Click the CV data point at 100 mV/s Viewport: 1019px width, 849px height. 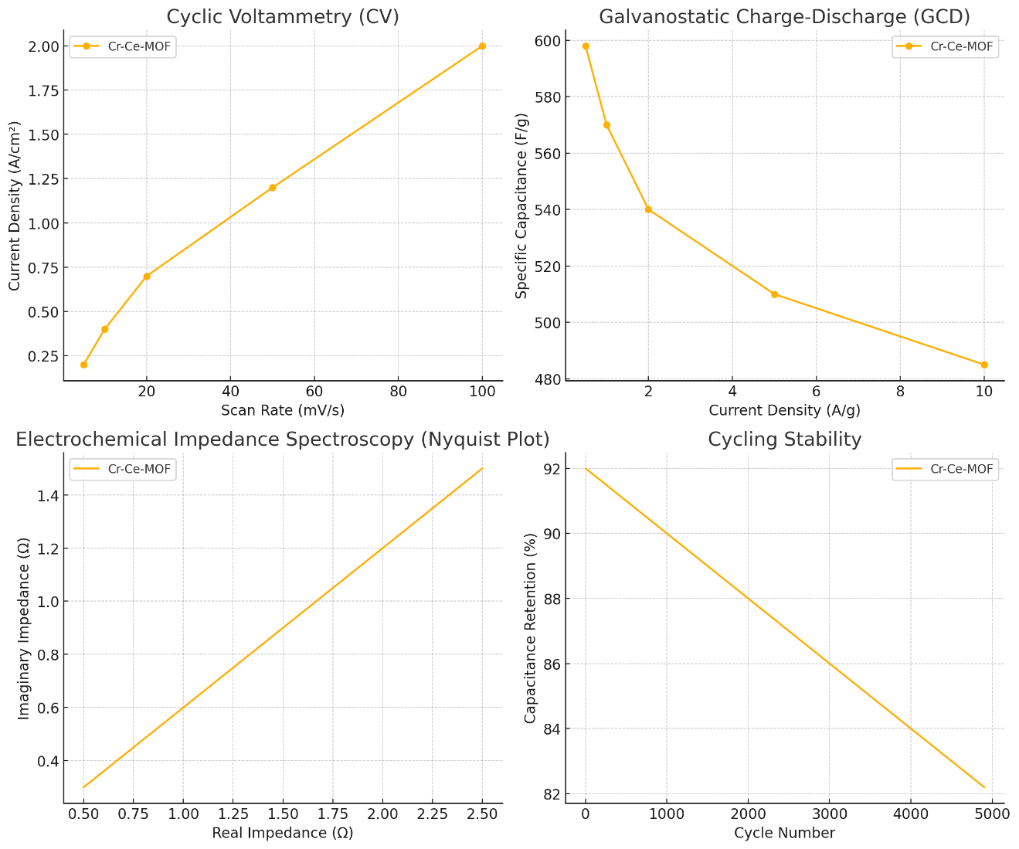click(482, 46)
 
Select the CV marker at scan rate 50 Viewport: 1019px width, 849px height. click(273, 188)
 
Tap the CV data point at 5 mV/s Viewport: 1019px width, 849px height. click(83, 365)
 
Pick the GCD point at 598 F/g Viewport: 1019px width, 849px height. click(586, 46)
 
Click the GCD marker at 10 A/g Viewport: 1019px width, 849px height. click(983, 365)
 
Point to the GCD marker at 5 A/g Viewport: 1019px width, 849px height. click(774, 294)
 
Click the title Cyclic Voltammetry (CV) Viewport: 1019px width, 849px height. click(283, 16)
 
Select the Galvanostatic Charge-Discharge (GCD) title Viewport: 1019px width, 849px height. click(784, 16)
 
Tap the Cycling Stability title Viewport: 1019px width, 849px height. click(784, 440)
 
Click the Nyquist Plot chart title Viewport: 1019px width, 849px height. click(283, 440)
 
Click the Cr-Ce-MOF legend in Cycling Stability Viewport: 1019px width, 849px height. click(945, 469)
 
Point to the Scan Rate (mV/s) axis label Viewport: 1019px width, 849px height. click(283, 410)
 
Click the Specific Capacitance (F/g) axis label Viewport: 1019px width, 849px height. click(522, 205)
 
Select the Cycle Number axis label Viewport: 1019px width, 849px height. click(784, 833)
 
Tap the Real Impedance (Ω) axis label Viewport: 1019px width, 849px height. click(283, 833)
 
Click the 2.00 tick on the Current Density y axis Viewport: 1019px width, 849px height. click(44, 46)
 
